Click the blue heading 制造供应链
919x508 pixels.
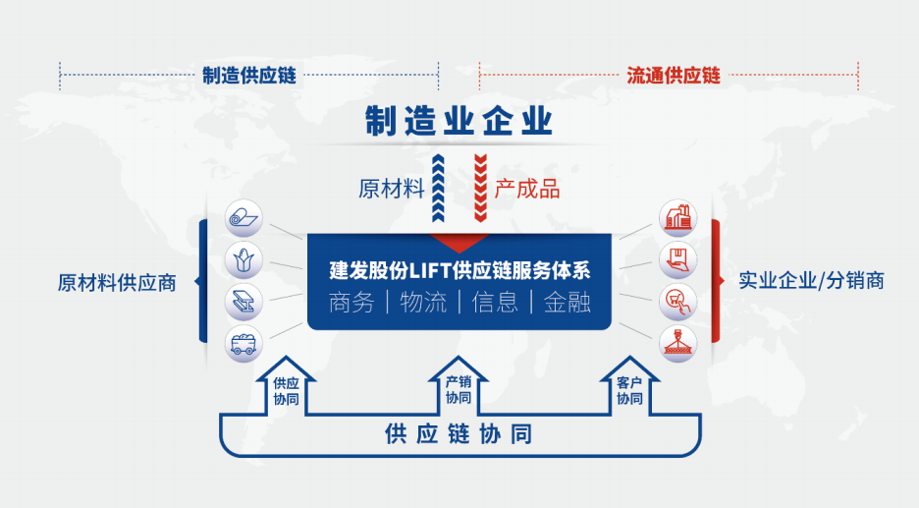[x=249, y=75]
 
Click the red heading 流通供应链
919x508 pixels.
[x=674, y=75]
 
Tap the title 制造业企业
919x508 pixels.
[x=459, y=121]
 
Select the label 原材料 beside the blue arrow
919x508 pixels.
[x=392, y=189]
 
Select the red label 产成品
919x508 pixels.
[x=527, y=189]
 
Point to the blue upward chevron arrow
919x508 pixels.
[x=438, y=189]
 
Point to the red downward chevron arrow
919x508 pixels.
[x=480, y=189]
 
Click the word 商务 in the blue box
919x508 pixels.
[x=351, y=303]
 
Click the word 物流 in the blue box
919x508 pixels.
[x=423, y=303]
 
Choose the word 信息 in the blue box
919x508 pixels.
[x=495, y=303]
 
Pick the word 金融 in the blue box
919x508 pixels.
[x=567, y=303]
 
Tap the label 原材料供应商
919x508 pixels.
[x=117, y=283]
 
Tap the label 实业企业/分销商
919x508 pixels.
[x=811, y=280]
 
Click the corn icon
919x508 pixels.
[x=243, y=259]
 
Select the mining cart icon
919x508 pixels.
[x=243, y=344]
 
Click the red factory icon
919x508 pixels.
[x=678, y=218]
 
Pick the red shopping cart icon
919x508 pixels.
[x=678, y=302]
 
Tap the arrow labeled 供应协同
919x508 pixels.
[x=286, y=386]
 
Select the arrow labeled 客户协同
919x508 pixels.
[x=630, y=386]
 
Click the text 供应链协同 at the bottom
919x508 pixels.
[x=459, y=434]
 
